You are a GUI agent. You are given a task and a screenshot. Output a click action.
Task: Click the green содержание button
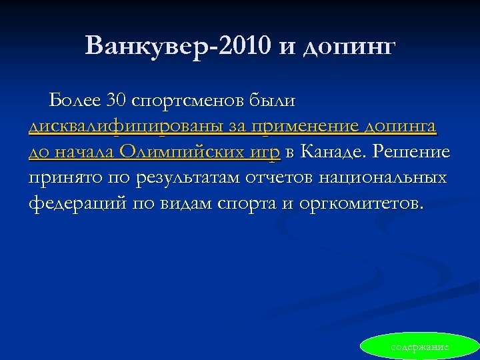[x=420, y=347]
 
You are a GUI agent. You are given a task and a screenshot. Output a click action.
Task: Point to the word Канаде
[x=333, y=152]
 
